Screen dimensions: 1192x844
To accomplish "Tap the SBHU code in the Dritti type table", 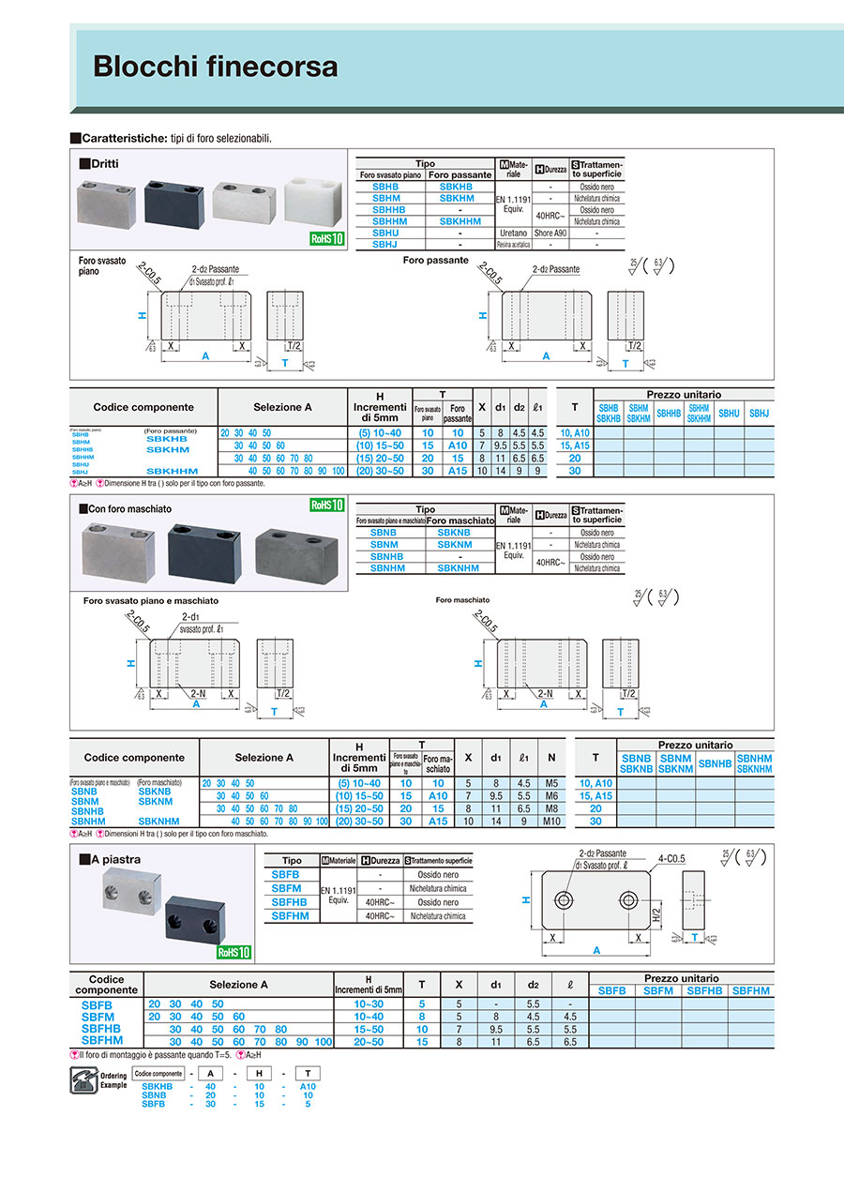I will [x=385, y=233].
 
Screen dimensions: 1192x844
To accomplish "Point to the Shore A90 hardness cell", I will [x=550, y=233].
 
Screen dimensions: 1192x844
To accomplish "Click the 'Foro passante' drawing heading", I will [x=435, y=260].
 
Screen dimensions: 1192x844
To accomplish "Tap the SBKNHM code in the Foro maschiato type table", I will [x=460, y=568].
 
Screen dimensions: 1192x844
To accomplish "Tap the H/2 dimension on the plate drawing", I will [x=656, y=915].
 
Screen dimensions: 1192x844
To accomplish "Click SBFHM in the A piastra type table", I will [x=291, y=916].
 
